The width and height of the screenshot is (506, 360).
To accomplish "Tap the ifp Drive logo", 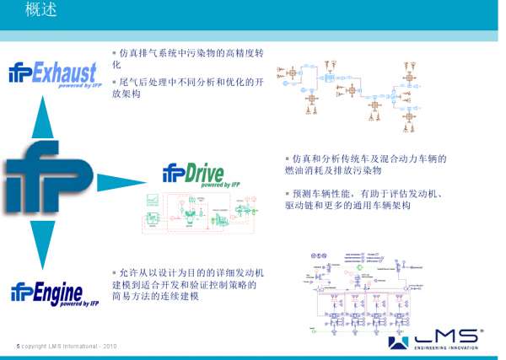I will coord(192,175).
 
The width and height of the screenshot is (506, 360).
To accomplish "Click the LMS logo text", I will coord(446,336).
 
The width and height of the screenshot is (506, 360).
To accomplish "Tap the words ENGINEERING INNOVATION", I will coord(447,347).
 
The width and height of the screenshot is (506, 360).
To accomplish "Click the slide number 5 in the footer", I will coord(18,347).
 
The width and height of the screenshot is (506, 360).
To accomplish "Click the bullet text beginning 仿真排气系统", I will coord(189,58).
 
